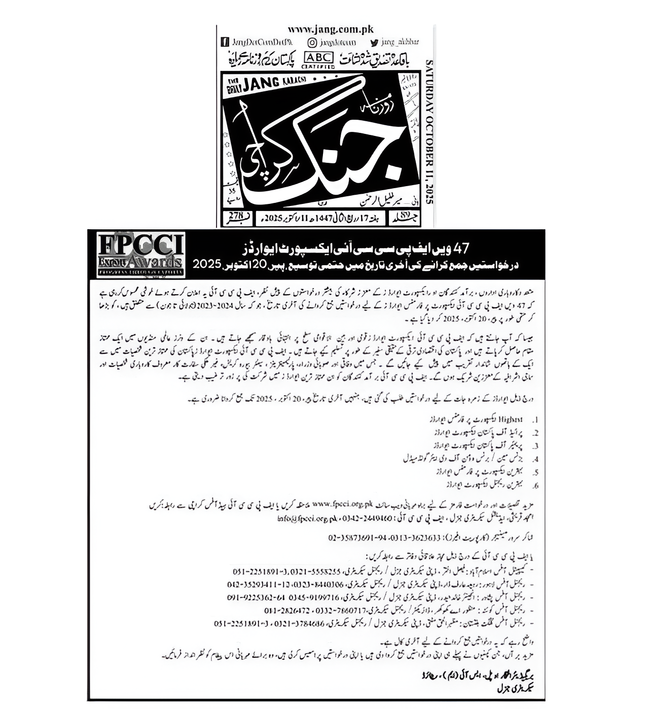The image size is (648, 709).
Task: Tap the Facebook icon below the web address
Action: coord(224,42)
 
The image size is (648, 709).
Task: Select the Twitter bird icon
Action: coord(374,42)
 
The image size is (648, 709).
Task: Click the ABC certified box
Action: coord(318,59)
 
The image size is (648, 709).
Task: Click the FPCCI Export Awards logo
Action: coord(136,255)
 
